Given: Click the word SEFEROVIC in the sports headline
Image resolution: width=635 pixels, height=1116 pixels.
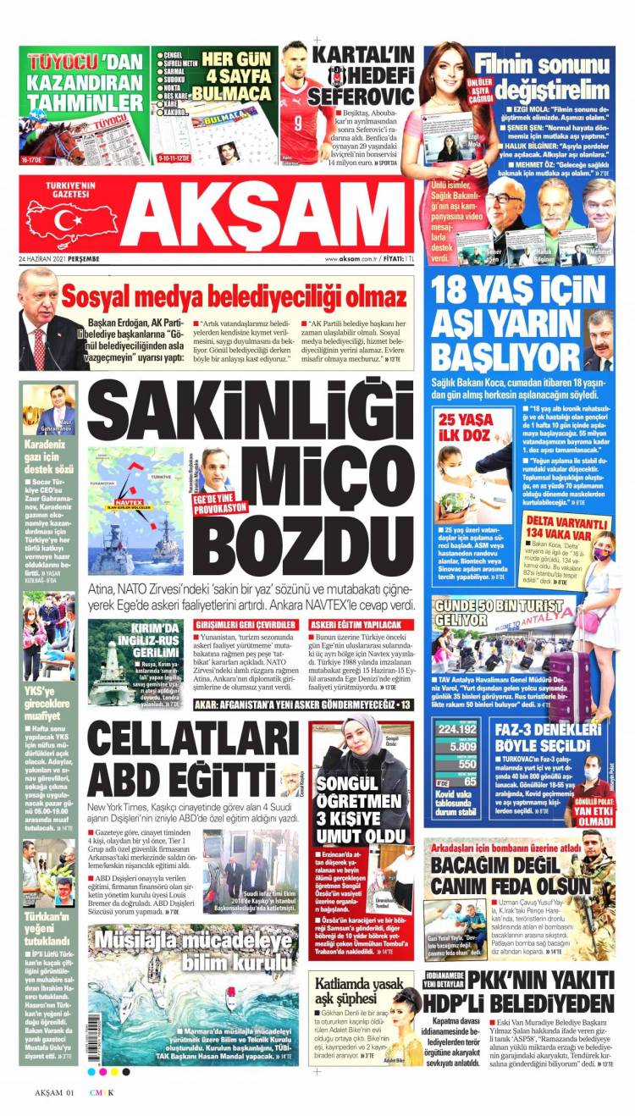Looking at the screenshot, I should (x=348, y=95).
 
